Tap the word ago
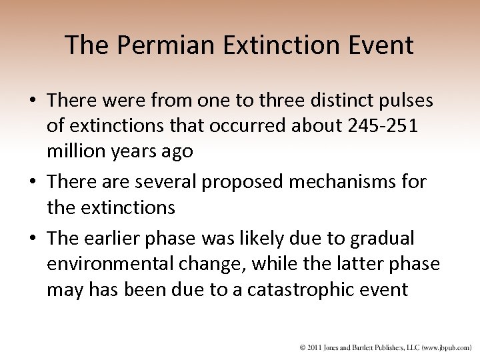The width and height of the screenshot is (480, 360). click(176, 151)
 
